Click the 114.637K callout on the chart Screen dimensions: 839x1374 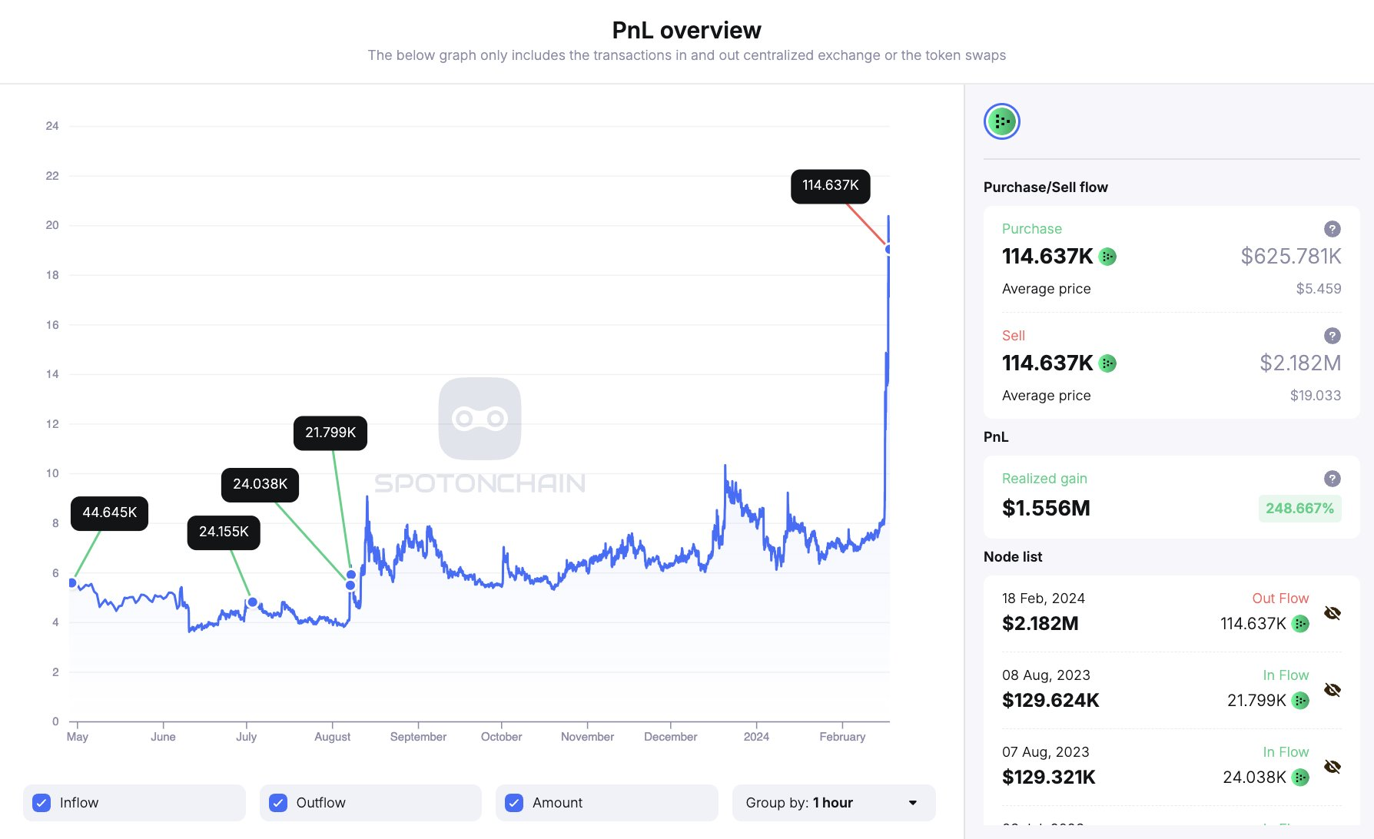coord(830,186)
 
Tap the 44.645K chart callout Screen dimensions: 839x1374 coord(109,513)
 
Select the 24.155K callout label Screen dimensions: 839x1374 coord(224,532)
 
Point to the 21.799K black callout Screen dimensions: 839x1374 coord(330,433)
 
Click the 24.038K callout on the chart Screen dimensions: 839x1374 coord(260,485)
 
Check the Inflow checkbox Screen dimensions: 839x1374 coord(42,803)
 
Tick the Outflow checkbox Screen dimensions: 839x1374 coord(278,803)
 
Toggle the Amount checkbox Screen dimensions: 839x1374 coord(514,803)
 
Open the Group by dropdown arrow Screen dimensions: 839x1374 coord(913,803)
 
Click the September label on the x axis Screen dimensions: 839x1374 coord(418,737)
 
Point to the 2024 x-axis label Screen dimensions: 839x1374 coord(756,737)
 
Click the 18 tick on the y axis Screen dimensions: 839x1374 coord(52,275)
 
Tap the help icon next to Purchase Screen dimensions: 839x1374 coord(1333,229)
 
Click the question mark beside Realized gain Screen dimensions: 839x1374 coord(1333,479)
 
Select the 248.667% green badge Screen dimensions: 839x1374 coord(1299,509)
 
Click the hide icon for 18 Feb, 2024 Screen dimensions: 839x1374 coord(1333,613)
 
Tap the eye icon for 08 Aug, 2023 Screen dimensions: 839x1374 coord(1333,690)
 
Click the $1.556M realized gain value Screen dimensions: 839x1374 coord(1046,509)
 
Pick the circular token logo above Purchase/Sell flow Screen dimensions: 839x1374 coord(1002,121)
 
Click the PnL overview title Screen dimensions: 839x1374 coord(686,31)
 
